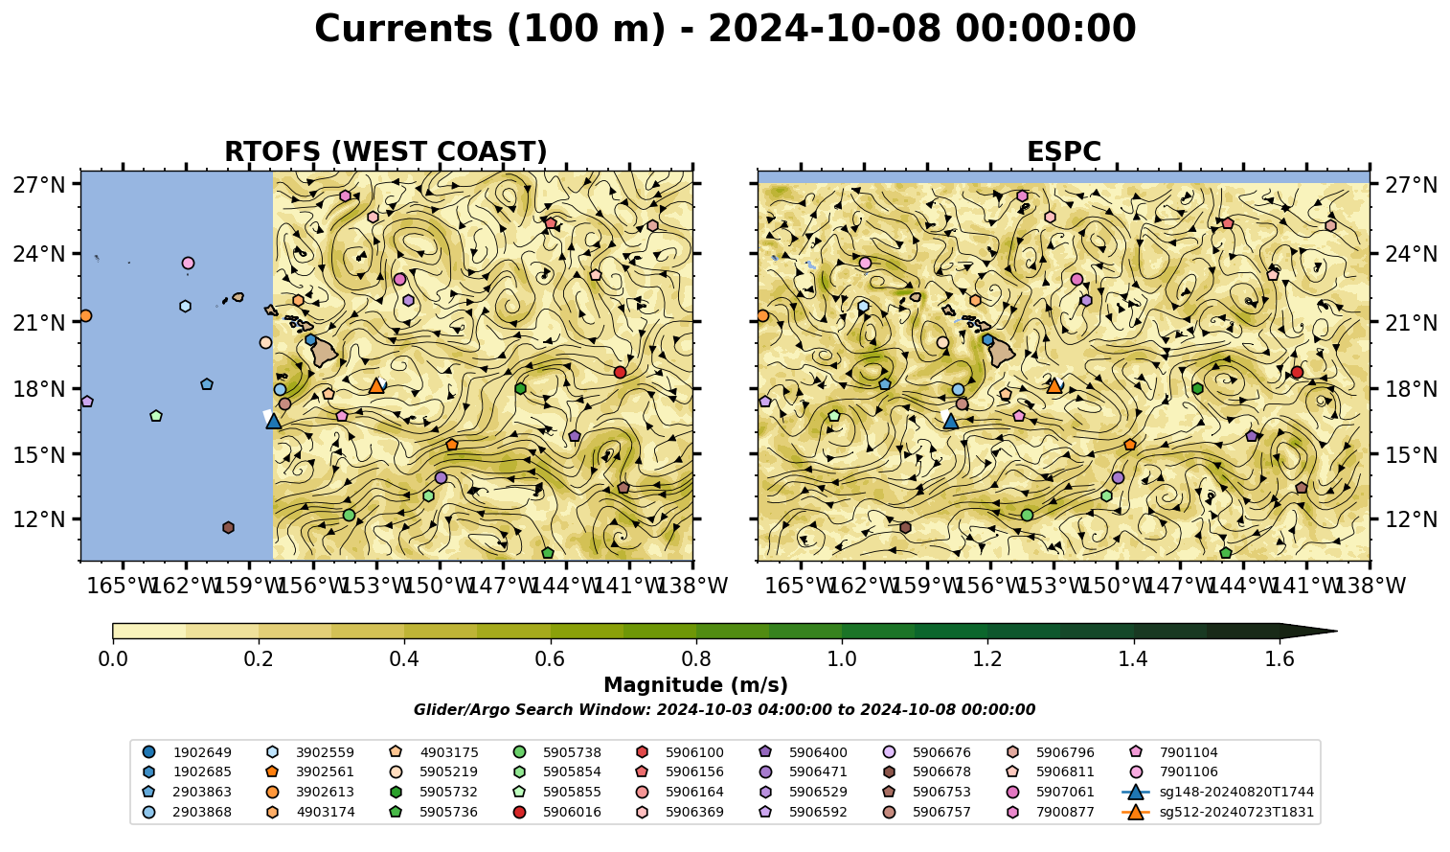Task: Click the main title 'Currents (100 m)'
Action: (490, 29)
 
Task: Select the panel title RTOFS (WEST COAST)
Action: (386, 151)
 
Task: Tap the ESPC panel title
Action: (1063, 151)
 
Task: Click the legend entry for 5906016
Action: (560, 812)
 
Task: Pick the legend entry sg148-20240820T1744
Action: (1217, 792)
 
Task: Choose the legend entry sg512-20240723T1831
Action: (1217, 812)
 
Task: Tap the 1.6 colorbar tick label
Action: (1280, 659)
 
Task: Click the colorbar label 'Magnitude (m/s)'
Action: (696, 685)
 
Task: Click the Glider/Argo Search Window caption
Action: (724, 709)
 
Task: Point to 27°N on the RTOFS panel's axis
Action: (39, 185)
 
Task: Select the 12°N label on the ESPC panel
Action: (1411, 519)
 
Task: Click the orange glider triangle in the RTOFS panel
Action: (376, 386)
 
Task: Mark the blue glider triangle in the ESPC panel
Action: (950, 421)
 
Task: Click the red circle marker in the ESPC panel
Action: (1297, 372)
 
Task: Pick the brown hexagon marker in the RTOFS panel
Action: (228, 527)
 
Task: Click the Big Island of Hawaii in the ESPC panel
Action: (1002, 352)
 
